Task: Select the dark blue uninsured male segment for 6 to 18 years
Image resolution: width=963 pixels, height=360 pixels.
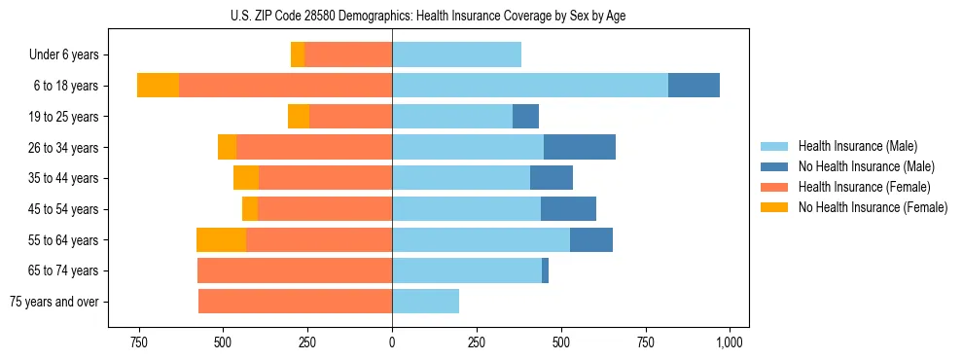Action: click(694, 86)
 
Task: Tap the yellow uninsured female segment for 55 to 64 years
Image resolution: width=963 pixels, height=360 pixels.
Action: click(221, 239)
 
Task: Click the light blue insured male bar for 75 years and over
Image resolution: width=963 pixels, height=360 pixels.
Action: click(425, 301)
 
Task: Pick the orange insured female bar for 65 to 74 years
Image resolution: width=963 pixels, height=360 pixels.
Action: click(295, 270)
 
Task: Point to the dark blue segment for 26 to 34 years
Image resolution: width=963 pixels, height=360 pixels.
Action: click(580, 147)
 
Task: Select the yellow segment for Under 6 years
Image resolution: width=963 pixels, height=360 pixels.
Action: click(298, 54)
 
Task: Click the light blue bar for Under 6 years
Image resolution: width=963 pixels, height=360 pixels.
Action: click(456, 54)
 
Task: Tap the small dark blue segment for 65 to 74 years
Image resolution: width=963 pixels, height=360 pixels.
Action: click(545, 270)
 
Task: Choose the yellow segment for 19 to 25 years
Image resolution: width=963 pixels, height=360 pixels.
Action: click(299, 116)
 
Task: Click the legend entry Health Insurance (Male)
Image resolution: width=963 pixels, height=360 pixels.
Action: click(858, 146)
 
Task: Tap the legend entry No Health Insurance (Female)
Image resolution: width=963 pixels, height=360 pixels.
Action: click(872, 207)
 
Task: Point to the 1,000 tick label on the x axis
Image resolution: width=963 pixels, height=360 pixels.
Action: click(730, 342)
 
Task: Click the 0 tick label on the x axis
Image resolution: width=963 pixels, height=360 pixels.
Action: click(392, 342)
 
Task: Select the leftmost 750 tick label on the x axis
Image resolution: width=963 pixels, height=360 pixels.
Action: click(138, 342)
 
